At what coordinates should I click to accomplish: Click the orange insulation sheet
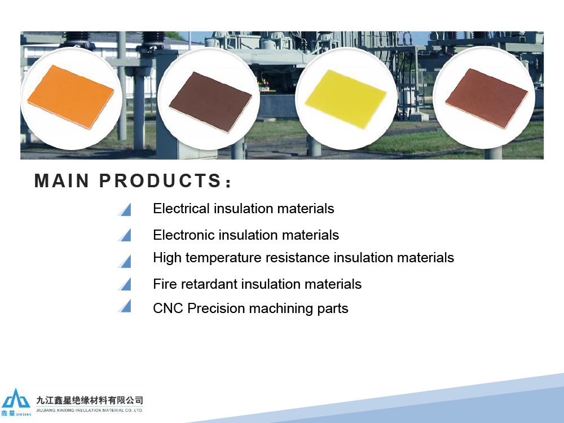pos(71,96)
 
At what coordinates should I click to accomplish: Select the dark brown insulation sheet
pos(210,102)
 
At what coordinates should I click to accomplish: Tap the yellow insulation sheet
pos(346,99)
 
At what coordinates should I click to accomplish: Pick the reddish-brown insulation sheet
pos(487,98)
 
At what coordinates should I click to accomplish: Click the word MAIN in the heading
pos(61,180)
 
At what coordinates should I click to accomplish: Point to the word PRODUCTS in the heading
pos(160,180)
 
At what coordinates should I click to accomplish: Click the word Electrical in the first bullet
pos(181,209)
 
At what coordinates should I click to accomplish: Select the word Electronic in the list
pos(183,235)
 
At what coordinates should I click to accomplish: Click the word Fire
pos(165,284)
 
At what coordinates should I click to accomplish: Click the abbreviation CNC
pos(168,309)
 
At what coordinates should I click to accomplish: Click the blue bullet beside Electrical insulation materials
pos(124,209)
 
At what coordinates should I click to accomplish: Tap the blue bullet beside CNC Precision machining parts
pos(124,306)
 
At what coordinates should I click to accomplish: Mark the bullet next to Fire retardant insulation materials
pos(124,284)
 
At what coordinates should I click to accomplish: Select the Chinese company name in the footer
pos(90,400)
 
